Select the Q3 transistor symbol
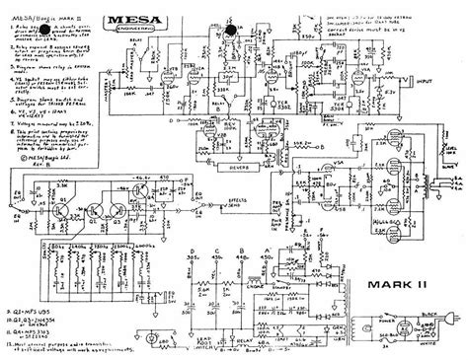(x=98, y=187)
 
